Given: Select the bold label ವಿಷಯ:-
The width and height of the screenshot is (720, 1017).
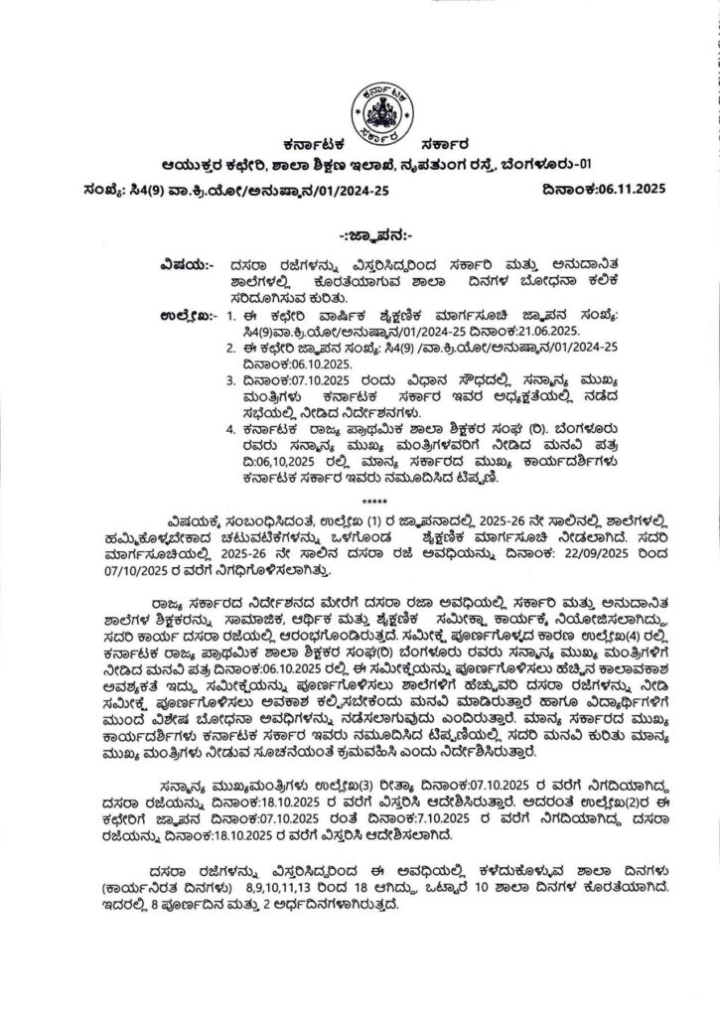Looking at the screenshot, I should pyautogui.click(x=184, y=265).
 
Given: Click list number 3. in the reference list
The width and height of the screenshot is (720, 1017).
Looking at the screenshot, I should pyautogui.click(x=229, y=379).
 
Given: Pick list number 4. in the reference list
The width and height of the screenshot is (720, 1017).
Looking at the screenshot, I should pyautogui.click(x=229, y=428).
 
